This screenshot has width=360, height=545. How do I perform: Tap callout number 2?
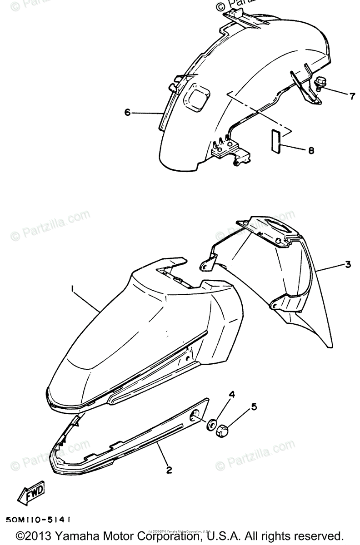tap(169, 470)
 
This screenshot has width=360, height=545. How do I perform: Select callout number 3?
tap(347, 264)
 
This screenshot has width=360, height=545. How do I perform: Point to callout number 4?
tap(231, 395)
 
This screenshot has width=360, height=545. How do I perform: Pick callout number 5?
tap(254, 406)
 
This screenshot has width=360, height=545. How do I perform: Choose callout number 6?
tap(128, 112)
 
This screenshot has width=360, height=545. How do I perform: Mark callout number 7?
tap(352, 96)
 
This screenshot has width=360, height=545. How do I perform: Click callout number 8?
tap(311, 151)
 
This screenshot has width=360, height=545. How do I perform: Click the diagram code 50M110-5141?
tap(39, 519)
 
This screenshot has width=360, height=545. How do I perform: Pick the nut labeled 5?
tap(223, 430)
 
